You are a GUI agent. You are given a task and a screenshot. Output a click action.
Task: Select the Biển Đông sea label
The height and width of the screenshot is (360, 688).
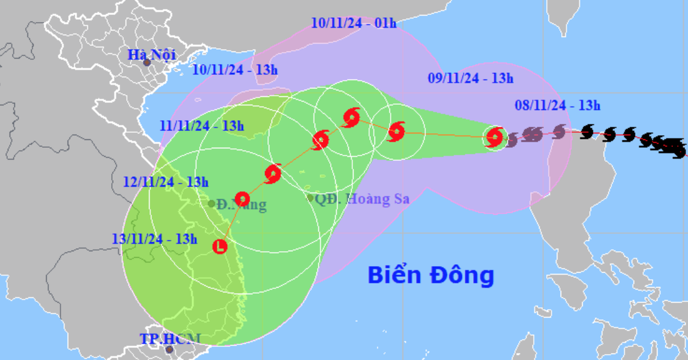point(431,275)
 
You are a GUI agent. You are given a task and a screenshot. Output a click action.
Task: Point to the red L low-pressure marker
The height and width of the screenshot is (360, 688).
point(220,247)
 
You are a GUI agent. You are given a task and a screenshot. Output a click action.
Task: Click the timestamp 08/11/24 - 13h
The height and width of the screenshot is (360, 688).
point(557,105)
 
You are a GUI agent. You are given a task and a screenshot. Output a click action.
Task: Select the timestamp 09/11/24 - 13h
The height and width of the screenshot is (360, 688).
point(471,79)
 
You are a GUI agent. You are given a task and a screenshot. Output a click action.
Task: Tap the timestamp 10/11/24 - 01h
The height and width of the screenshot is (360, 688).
point(354,23)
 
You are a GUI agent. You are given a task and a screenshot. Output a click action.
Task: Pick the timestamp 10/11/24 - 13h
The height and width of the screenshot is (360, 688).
point(234,70)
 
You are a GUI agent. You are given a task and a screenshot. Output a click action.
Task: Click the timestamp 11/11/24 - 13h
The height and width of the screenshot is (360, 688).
point(202,126)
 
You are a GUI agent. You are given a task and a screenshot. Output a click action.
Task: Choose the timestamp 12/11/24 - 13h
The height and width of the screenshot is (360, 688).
point(165,182)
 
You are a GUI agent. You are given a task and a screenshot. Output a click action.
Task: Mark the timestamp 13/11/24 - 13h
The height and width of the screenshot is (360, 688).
point(155,238)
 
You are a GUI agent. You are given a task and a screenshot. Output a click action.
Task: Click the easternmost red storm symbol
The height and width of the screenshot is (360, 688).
point(494,137)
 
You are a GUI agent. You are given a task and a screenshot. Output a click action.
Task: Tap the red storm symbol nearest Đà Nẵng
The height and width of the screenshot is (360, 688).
point(243,199)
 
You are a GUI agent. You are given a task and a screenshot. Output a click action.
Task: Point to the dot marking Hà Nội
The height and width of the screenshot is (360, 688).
point(147,62)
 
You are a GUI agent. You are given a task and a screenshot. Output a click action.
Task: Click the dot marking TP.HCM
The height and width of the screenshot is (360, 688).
point(169,349)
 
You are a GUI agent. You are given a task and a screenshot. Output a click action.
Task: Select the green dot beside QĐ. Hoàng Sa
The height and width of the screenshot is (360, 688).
point(310,198)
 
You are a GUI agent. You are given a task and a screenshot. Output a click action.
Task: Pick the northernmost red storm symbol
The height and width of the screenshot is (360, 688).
point(351,118)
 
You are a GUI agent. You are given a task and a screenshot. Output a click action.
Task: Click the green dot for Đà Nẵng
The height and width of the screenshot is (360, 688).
point(212,203)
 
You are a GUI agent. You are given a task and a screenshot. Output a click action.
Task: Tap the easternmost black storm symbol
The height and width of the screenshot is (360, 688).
point(679,150)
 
